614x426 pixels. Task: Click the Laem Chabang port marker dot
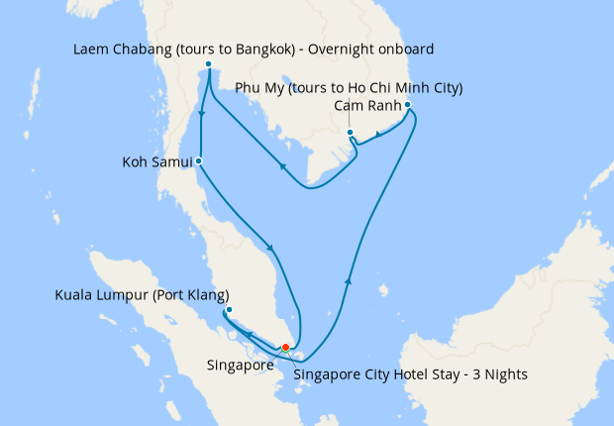pyautogui.click(x=208, y=65)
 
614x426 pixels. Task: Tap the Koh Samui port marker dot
pyautogui.click(x=199, y=160)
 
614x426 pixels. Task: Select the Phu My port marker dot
pyautogui.click(x=351, y=132)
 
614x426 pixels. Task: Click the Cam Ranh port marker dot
pyautogui.click(x=408, y=104)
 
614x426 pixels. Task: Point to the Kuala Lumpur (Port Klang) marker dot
pyautogui.click(x=229, y=310)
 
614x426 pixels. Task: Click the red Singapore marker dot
pyautogui.click(x=285, y=347)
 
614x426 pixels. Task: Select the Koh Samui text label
pyautogui.click(x=155, y=161)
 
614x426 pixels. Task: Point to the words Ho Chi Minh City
pyautogui.click(x=407, y=88)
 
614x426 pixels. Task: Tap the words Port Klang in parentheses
pyautogui.click(x=196, y=295)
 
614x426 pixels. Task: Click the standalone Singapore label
pyautogui.click(x=241, y=365)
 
